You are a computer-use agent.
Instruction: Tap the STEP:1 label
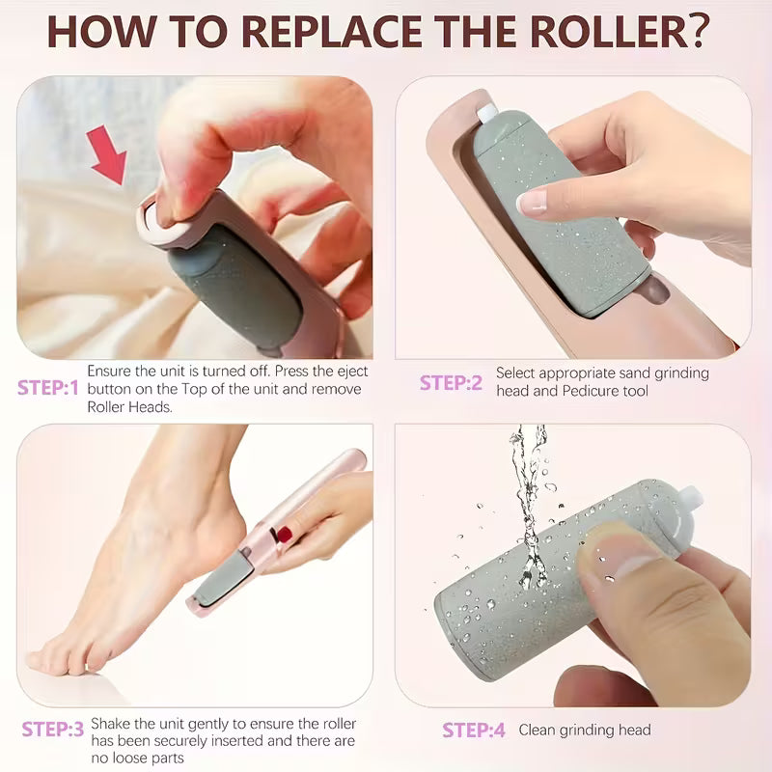point(47,388)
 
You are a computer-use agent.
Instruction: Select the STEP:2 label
point(451,382)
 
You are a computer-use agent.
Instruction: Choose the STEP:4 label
point(474,731)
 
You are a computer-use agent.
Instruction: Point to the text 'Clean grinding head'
point(585,731)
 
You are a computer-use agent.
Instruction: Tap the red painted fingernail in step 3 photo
point(286,533)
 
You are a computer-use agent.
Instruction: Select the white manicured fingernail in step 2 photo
point(532,202)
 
